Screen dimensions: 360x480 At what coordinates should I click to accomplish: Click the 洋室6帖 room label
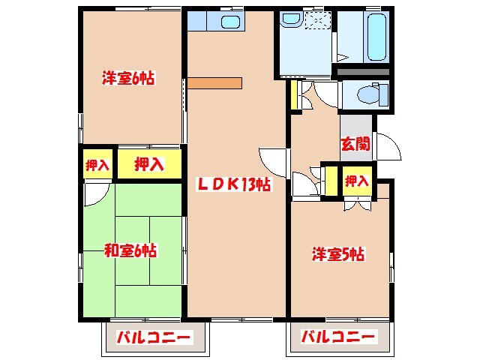pyautogui.click(x=128, y=77)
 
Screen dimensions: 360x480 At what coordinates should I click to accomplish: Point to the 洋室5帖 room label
pyautogui.click(x=338, y=255)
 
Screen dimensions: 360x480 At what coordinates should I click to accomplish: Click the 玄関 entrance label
pyautogui.click(x=355, y=144)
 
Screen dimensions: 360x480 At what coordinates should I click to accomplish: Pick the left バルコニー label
pyautogui.click(x=154, y=337)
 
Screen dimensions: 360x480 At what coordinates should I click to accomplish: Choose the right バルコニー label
pyautogui.click(x=338, y=337)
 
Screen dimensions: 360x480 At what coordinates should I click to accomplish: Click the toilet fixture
pyautogui.click(x=367, y=95)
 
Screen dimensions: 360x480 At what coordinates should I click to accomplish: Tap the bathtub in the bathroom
pyautogui.click(x=375, y=37)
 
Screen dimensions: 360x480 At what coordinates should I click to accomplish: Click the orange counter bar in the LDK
pyautogui.click(x=215, y=82)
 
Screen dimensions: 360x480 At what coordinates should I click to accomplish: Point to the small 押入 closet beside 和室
pyautogui.click(x=97, y=164)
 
